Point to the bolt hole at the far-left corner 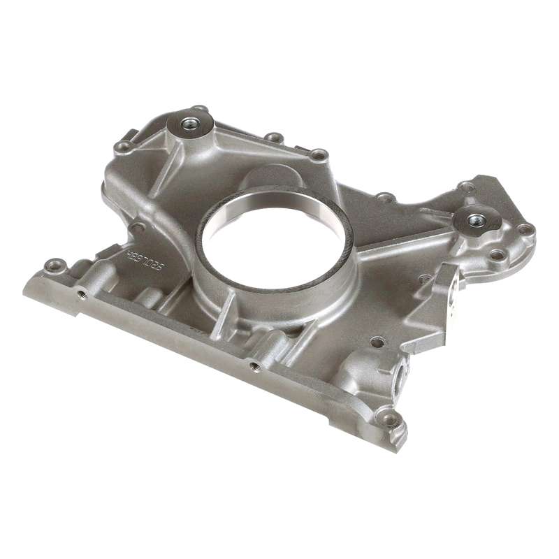[x=53, y=266]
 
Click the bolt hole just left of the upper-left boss [x=124, y=146]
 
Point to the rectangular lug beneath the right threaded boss [x=456, y=287]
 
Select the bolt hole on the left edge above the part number [x=137, y=227]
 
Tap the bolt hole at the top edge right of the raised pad [x=318, y=154]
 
